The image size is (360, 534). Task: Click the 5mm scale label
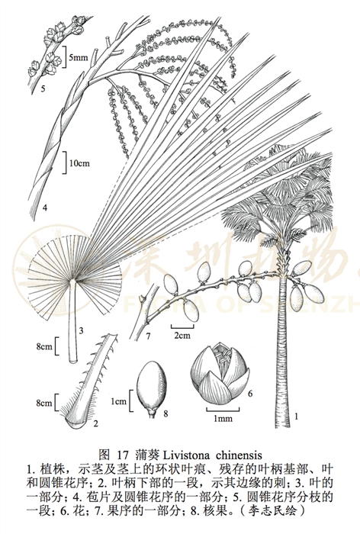[79, 57]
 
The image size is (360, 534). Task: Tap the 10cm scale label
[79, 163]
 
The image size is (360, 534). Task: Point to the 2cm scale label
[182, 336]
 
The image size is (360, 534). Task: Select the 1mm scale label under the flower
[223, 418]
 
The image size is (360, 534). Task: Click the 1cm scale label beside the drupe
[118, 402]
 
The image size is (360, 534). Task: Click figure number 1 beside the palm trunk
[296, 416]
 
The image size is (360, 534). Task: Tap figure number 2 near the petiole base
[95, 423]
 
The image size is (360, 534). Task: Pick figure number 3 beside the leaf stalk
[81, 330]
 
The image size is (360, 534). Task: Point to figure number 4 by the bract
[44, 207]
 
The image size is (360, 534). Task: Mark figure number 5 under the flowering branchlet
[43, 89]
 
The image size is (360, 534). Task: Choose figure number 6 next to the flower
[250, 394]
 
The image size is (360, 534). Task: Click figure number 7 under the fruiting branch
[148, 337]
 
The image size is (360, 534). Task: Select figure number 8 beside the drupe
[166, 413]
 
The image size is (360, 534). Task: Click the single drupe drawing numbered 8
[152, 388]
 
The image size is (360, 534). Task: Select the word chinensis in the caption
[239, 455]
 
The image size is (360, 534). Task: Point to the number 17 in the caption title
[123, 455]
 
